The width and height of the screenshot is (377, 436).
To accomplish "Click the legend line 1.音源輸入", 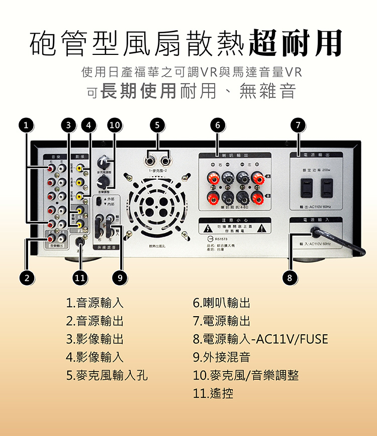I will click(95, 303).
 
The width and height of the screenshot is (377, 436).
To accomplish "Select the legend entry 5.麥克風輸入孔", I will click(107, 375).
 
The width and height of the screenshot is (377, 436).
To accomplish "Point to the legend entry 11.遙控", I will click(213, 393).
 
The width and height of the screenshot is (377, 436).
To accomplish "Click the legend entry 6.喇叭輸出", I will click(222, 303).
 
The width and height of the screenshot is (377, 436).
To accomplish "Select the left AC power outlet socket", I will click(306, 187).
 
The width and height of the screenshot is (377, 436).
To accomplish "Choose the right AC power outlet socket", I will click(327, 187).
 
